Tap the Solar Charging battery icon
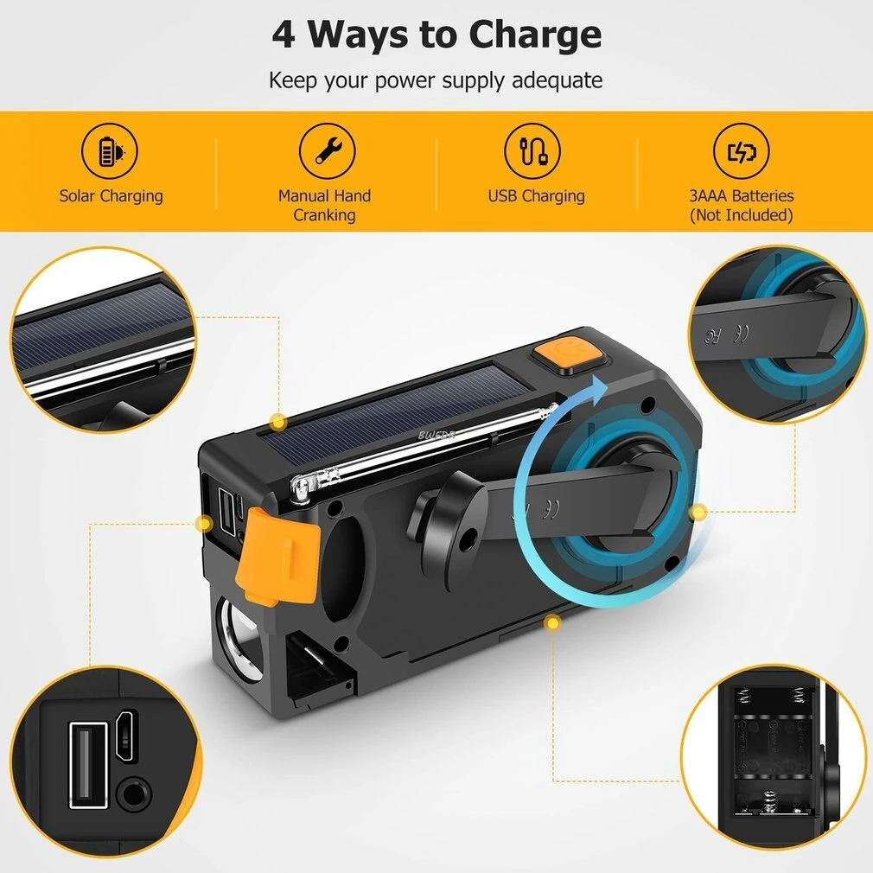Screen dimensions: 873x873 tap(110, 152)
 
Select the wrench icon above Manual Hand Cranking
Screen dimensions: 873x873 tap(327, 151)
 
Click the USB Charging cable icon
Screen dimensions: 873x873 tap(532, 151)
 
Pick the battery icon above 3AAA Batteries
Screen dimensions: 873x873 tap(741, 152)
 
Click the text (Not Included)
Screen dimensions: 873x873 tap(741, 215)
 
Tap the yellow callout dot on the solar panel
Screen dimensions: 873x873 tap(277, 423)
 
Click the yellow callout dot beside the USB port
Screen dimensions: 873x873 tap(204, 523)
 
